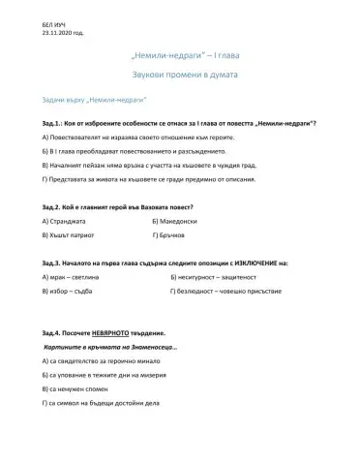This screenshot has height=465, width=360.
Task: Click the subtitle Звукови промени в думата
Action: [x=179, y=75]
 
